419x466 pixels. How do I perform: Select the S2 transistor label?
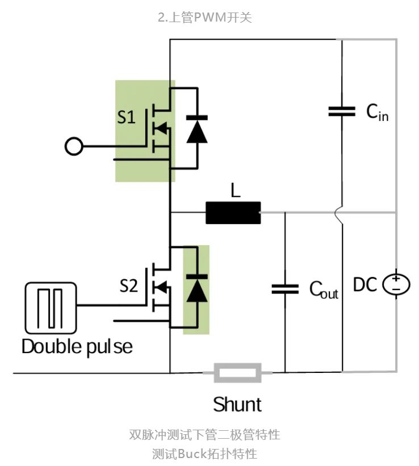point(129,286)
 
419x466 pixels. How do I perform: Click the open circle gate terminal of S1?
point(73,146)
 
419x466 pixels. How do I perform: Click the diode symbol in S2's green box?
point(196,288)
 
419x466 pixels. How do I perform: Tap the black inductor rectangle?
point(233,213)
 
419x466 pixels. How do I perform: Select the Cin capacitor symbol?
point(342,111)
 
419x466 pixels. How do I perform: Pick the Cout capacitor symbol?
point(284,288)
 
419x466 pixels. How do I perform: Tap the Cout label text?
point(323,289)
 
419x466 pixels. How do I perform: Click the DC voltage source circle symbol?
point(396,284)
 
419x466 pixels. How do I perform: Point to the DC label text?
point(365,284)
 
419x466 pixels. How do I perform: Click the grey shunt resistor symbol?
point(237,373)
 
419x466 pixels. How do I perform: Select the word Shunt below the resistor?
point(237,404)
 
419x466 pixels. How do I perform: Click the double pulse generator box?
point(51,308)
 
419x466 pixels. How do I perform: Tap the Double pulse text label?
point(77,346)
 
